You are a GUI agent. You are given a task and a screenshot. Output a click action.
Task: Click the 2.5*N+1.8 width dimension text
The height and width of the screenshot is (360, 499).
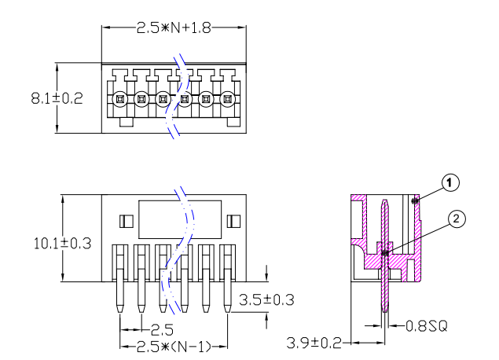[174, 28]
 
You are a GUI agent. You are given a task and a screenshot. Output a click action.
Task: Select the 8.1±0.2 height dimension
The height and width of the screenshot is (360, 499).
[57, 98]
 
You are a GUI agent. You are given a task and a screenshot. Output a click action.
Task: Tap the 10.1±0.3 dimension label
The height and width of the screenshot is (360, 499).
[62, 244]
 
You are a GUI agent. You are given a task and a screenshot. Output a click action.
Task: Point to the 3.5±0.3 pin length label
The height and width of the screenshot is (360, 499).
[266, 299]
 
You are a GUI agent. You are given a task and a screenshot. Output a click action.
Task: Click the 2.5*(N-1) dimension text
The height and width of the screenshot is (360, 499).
[174, 347]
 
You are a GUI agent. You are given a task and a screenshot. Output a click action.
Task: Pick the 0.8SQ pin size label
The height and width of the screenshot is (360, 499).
[427, 326]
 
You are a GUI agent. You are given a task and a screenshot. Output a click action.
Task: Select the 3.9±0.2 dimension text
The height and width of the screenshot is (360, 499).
[314, 343]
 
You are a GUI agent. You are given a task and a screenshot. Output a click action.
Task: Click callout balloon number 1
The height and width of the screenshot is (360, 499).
[450, 182]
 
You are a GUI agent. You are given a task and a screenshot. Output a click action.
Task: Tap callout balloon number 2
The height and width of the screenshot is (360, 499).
[457, 219]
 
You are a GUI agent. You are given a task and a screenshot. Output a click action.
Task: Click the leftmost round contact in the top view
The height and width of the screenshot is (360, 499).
[119, 99]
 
